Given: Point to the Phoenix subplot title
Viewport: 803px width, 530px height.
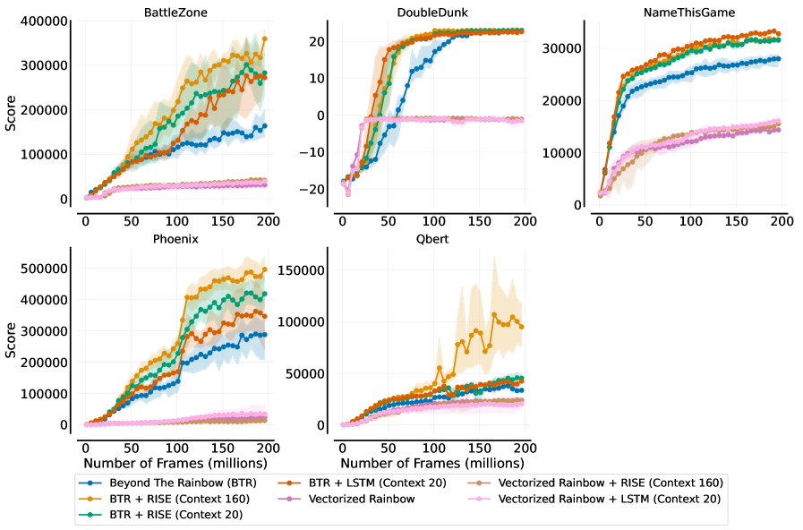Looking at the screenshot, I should (x=170, y=240).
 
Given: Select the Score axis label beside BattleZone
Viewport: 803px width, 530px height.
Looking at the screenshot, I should (x=10, y=111).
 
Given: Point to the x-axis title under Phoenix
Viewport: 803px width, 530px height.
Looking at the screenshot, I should (x=175, y=463).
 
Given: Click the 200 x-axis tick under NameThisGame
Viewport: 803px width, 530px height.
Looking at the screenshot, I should (x=782, y=220).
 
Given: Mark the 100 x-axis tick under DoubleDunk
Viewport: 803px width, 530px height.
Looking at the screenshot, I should (x=433, y=220).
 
